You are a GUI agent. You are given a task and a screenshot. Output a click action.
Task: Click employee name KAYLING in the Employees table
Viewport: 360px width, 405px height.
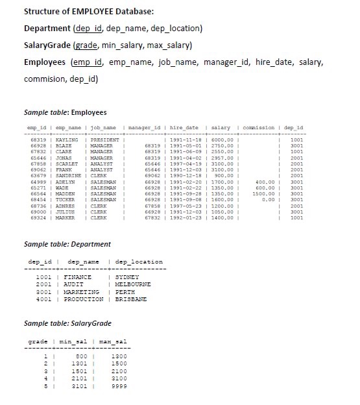[x=67, y=140]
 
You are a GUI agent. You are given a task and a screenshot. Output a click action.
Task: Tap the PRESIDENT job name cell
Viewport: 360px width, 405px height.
[x=104, y=140]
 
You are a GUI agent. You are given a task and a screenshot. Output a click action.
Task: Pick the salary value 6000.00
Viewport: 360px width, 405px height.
[x=221, y=140]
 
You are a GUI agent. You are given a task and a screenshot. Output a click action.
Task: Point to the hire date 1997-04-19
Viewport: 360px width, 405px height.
[x=186, y=164]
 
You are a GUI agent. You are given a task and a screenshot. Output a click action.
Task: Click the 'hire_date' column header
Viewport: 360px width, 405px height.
[x=184, y=128]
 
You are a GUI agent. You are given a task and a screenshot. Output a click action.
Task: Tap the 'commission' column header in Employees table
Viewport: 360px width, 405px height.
[x=258, y=128]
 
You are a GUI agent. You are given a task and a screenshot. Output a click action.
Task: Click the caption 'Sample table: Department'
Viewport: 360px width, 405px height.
[x=67, y=244]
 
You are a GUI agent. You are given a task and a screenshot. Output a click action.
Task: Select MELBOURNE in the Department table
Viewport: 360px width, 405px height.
[x=132, y=284]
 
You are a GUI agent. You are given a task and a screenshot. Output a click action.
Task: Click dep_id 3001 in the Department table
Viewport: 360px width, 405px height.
[x=43, y=291]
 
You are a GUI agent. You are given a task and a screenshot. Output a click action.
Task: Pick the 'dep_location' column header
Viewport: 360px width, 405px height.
[x=138, y=262]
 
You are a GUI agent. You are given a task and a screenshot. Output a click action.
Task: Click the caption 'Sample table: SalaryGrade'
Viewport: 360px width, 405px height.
[x=67, y=323]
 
